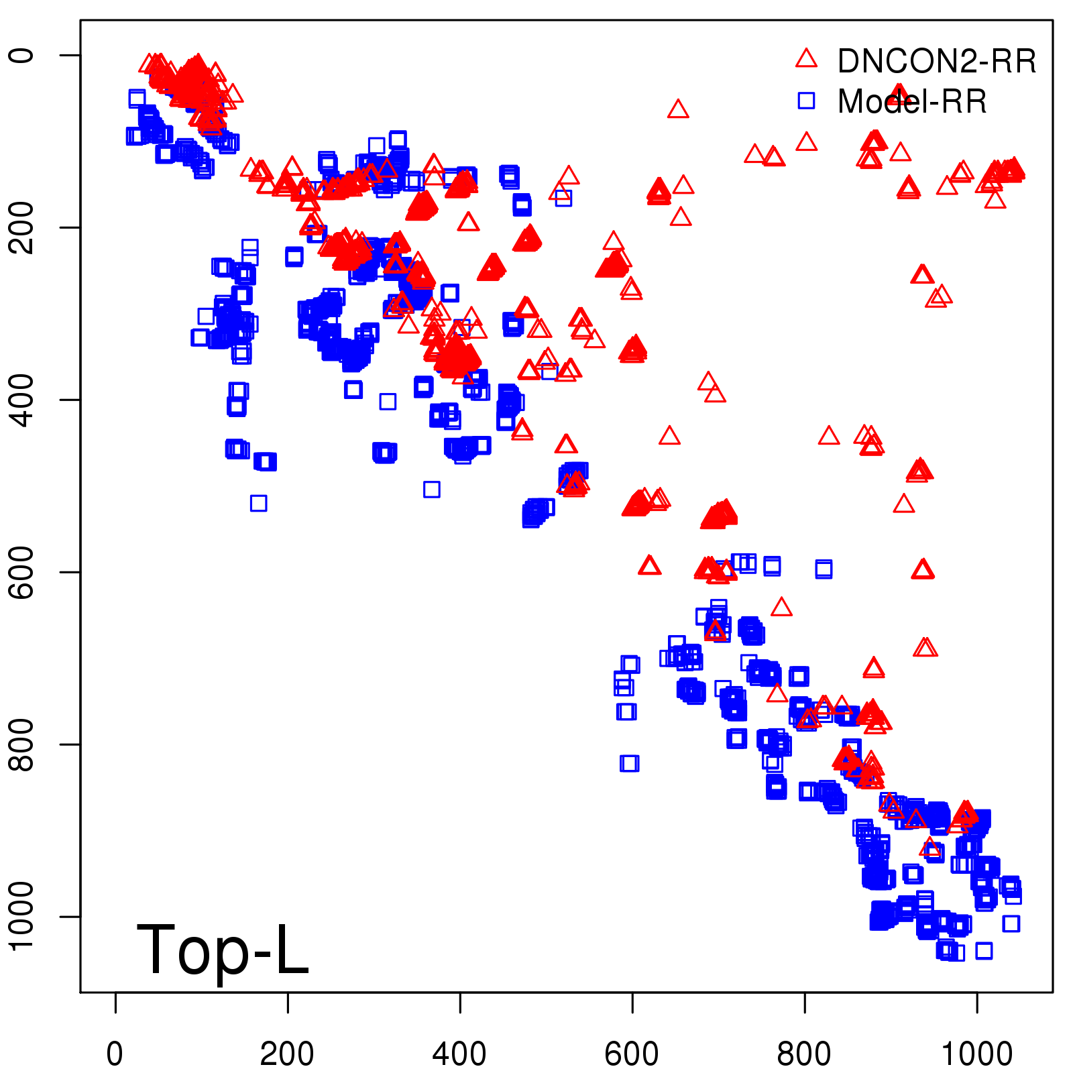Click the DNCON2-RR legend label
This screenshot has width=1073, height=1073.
936,62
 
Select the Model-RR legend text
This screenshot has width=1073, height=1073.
912,102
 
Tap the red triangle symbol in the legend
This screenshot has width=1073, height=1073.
806,58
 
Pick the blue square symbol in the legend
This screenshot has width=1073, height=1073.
806,101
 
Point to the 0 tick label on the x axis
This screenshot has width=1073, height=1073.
115,1054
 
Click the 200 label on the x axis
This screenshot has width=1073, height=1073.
287,1054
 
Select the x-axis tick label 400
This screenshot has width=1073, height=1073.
459,1054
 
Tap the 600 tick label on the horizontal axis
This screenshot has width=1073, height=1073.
632,1054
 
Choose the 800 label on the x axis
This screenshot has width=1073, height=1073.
804,1054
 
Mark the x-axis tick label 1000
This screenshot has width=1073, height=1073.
976,1054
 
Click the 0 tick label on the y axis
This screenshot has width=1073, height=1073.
21,55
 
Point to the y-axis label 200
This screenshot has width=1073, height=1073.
21,227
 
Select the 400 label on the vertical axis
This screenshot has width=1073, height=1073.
21,400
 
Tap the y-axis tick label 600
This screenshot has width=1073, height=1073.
21,572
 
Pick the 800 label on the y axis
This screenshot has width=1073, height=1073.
21,744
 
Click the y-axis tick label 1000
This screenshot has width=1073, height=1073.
21,916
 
